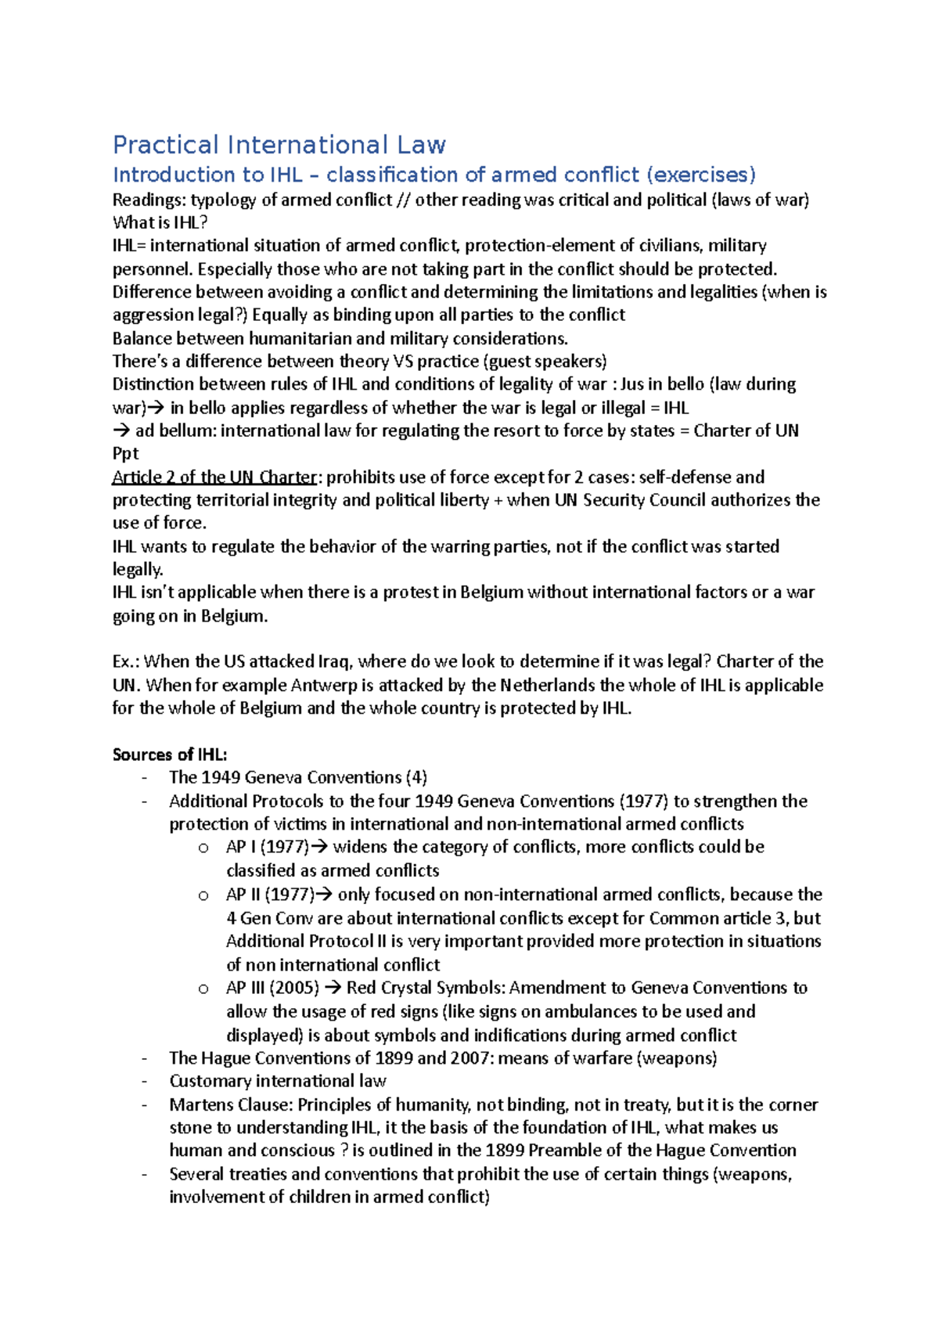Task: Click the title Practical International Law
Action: pyautogui.click(x=279, y=145)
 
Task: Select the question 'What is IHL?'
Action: pyautogui.click(x=160, y=222)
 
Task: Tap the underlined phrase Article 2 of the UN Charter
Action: pyautogui.click(x=214, y=477)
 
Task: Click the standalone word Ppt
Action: pyautogui.click(x=125, y=454)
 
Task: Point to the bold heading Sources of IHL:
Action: pyautogui.click(x=170, y=755)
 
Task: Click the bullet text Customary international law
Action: pyautogui.click(x=278, y=1081)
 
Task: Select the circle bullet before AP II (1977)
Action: pyautogui.click(x=203, y=895)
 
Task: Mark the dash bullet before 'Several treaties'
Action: pyautogui.click(x=145, y=1174)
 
